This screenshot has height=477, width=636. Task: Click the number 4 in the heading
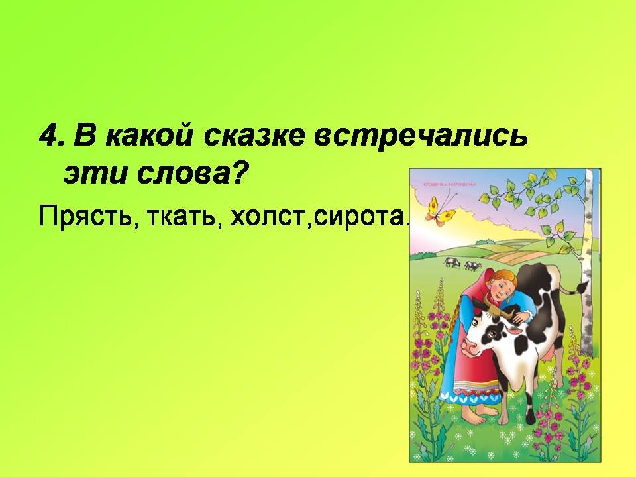coord(48,136)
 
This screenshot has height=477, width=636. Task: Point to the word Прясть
coord(83,216)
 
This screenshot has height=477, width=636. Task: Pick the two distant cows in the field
coord(462,264)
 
